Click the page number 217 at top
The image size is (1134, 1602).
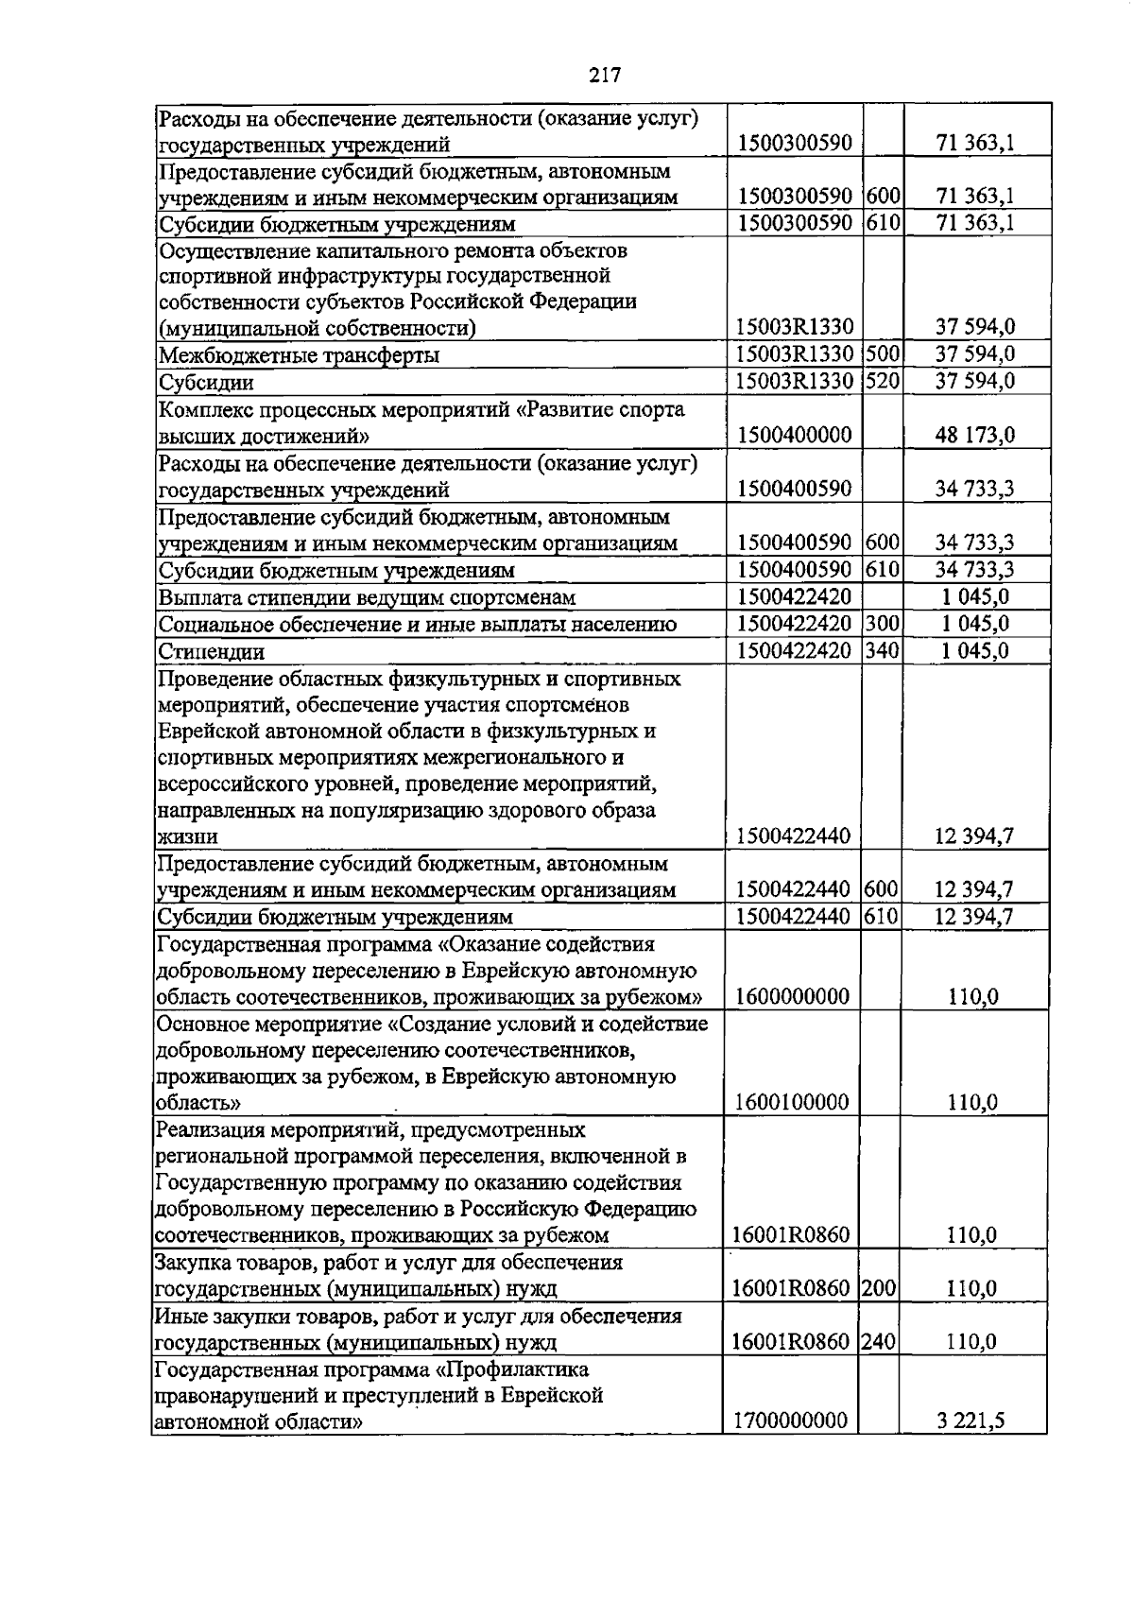(x=604, y=75)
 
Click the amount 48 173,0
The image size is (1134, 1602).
(x=975, y=436)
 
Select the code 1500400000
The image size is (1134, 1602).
(x=795, y=436)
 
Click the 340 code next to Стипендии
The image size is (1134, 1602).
(x=881, y=651)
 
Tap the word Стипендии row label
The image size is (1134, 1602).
(x=212, y=652)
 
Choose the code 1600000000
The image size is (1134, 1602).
(x=791, y=996)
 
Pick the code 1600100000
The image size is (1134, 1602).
(x=791, y=1102)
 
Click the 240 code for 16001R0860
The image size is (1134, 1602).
(x=879, y=1342)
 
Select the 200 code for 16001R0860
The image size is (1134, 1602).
(x=879, y=1288)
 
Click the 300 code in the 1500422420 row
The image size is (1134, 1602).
(x=881, y=624)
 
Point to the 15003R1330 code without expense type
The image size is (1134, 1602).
(x=795, y=327)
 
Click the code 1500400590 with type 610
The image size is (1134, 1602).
(x=795, y=570)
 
